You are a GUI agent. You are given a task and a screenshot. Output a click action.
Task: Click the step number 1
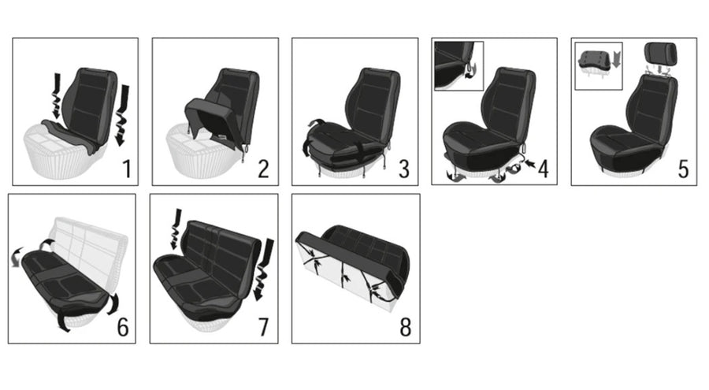(x=127, y=169)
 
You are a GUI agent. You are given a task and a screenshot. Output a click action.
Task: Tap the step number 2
(x=263, y=169)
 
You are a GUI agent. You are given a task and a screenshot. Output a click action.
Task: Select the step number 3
(x=404, y=169)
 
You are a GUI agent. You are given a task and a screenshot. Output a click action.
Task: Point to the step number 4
(x=543, y=169)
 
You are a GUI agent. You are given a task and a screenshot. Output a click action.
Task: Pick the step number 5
(x=683, y=169)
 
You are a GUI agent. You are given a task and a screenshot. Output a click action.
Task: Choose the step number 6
(x=123, y=327)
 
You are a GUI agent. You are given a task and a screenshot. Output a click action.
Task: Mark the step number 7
(x=263, y=327)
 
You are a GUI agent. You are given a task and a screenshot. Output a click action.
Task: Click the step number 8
(x=405, y=327)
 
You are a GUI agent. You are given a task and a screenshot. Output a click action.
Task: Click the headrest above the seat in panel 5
(x=661, y=54)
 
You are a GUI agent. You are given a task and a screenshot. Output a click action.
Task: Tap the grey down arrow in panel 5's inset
(x=616, y=60)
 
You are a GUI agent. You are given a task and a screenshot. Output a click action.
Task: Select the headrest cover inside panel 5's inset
(x=594, y=60)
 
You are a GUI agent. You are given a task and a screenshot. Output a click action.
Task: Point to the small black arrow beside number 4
(x=529, y=162)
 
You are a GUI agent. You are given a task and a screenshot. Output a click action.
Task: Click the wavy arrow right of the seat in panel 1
(x=121, y=115)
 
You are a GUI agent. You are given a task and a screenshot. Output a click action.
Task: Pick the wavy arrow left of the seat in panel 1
(x=57, y=96)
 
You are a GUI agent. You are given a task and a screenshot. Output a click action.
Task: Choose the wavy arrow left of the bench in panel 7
(x=176, y=229)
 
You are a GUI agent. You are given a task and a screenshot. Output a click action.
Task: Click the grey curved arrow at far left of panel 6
(x=17, y=258)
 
